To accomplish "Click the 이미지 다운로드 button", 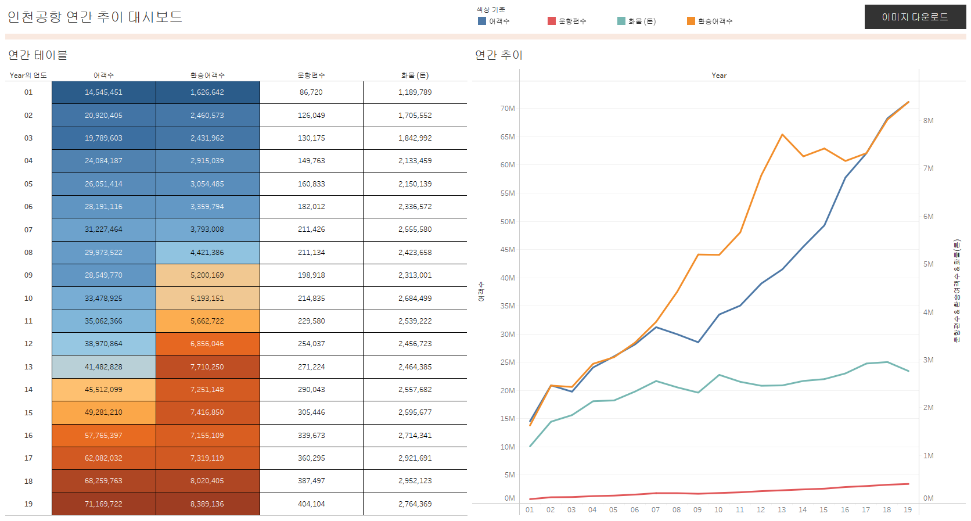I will tap(915, 17).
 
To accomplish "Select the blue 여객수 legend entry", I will tap(494, 21).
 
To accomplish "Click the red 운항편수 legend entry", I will tap(567, 21).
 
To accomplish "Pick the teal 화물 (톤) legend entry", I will tap(636, 21).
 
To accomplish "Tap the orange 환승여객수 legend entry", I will tap(710, 21).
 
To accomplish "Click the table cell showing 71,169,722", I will tap(103, 504).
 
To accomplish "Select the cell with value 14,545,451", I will tap(103, 92).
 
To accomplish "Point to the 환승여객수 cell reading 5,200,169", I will tap(207, 275).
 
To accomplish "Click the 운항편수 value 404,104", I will tap(311, 504).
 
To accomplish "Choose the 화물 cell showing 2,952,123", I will tap(415, 481).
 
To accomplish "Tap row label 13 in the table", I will tap(28, 367).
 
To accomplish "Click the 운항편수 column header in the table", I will tap(311, 76).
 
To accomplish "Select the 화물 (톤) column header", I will tap(415, 76).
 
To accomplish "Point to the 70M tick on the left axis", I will tap(508, 109).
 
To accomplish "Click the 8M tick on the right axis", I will tap(929, 121).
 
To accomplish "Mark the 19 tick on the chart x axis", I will tap(908, 510).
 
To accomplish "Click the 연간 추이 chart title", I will tap(499, 55).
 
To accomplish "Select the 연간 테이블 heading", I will tap(38, 55).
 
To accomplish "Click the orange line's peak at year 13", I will tap(782, 135).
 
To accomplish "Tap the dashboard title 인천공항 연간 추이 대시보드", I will tap(95, 17).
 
